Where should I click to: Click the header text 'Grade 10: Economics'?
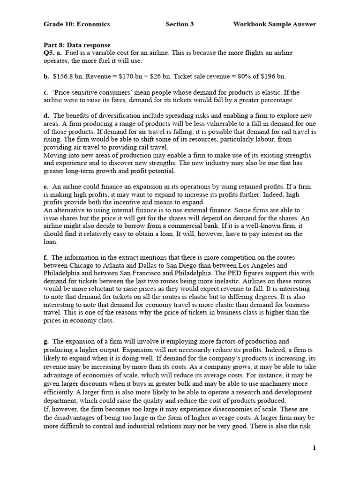tap(76, 24)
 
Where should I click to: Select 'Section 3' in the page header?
tap(180, 24)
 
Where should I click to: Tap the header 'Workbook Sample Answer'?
tap(274, 24)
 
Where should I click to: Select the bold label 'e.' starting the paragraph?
tap(46, 187)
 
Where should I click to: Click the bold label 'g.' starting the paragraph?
tap(46, 341)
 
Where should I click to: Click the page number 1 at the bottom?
tap(315, 448)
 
